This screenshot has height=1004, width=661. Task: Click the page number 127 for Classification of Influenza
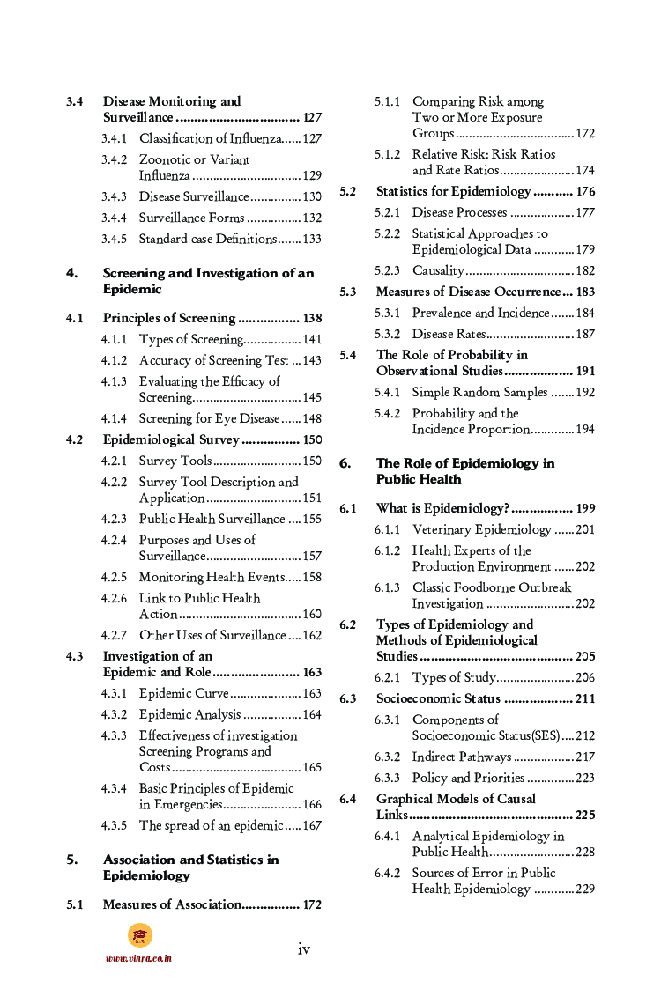[x=312, y=138]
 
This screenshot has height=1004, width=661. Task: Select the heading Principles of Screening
[x=169, y=318]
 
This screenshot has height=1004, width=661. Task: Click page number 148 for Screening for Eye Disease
[x=312, y=418]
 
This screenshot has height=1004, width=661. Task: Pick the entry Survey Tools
[x=175, y=461]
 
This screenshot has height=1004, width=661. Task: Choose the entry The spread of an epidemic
[x=211, y=825]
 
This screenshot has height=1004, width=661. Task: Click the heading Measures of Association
[x=171, y=904]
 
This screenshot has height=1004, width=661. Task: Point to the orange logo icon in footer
[x=139, y=935]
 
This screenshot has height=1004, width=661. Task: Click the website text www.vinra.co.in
[x=138, y=958]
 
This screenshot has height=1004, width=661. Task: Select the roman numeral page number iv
[x=303, y=949]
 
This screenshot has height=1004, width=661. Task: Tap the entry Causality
[x=438, y=270]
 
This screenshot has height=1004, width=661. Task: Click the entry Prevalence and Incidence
[x=480, y=313]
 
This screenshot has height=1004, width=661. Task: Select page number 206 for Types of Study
[x=585, y=677]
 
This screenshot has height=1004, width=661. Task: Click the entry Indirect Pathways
[x=461, y=757]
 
